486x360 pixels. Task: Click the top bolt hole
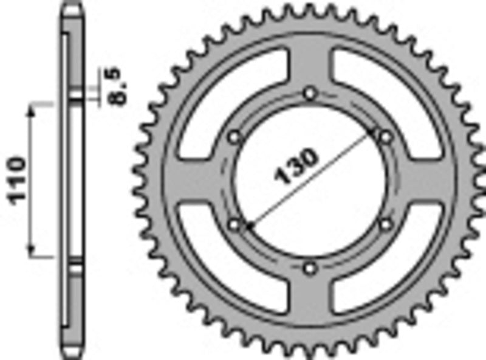310,94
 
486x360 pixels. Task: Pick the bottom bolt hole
310,268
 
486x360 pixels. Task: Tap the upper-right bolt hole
385,137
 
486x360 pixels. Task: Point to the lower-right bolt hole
385,225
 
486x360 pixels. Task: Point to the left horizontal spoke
194,181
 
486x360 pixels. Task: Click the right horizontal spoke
425,181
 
